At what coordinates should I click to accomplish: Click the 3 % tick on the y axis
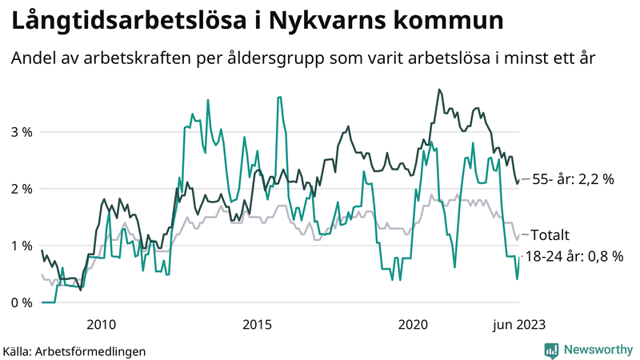[x=21, y=132]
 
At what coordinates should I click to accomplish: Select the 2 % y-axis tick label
[x=21, y=189]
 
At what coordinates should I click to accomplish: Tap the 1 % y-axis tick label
[x=21, y=246]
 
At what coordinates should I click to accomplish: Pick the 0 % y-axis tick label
[x=21, y=302]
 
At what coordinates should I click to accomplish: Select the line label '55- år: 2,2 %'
[x=573, y=180]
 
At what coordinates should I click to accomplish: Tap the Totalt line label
[x=550, y=235]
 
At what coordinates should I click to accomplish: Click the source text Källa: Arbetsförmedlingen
[x=74, y=350]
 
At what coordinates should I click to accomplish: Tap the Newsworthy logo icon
[x=551, y=350]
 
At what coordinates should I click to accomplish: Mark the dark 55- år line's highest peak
[x=439, y=90]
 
